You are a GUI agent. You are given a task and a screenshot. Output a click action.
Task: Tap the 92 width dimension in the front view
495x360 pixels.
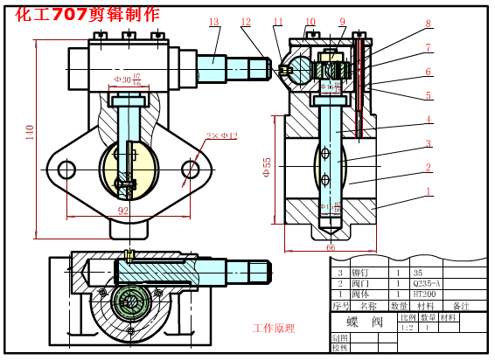[x=123, y=211]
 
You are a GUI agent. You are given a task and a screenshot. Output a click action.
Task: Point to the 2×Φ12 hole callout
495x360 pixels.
[x=221, y=135]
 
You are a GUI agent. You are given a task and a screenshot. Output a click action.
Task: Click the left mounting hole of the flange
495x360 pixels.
[x=63, y=168]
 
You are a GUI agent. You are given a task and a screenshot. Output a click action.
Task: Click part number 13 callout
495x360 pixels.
[x=214, y=22]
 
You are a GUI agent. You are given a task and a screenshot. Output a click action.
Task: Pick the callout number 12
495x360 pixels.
[x=246, y=22]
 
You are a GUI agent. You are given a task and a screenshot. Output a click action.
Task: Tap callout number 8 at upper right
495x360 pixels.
[x=428, y=24]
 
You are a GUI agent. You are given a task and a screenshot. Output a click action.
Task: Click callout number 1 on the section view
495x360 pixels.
[x=428, y=190]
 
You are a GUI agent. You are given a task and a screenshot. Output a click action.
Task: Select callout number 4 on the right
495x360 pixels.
[x=428, y=120]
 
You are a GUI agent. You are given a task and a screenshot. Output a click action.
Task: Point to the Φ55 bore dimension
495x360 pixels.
[x=268, y=167]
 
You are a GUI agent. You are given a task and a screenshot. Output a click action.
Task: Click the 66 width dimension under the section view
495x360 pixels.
[x=331, y=247]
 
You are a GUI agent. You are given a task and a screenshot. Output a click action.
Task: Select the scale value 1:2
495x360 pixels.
[x=407, y=328]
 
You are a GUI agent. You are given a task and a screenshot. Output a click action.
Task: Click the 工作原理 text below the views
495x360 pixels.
[x=274, y=329]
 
